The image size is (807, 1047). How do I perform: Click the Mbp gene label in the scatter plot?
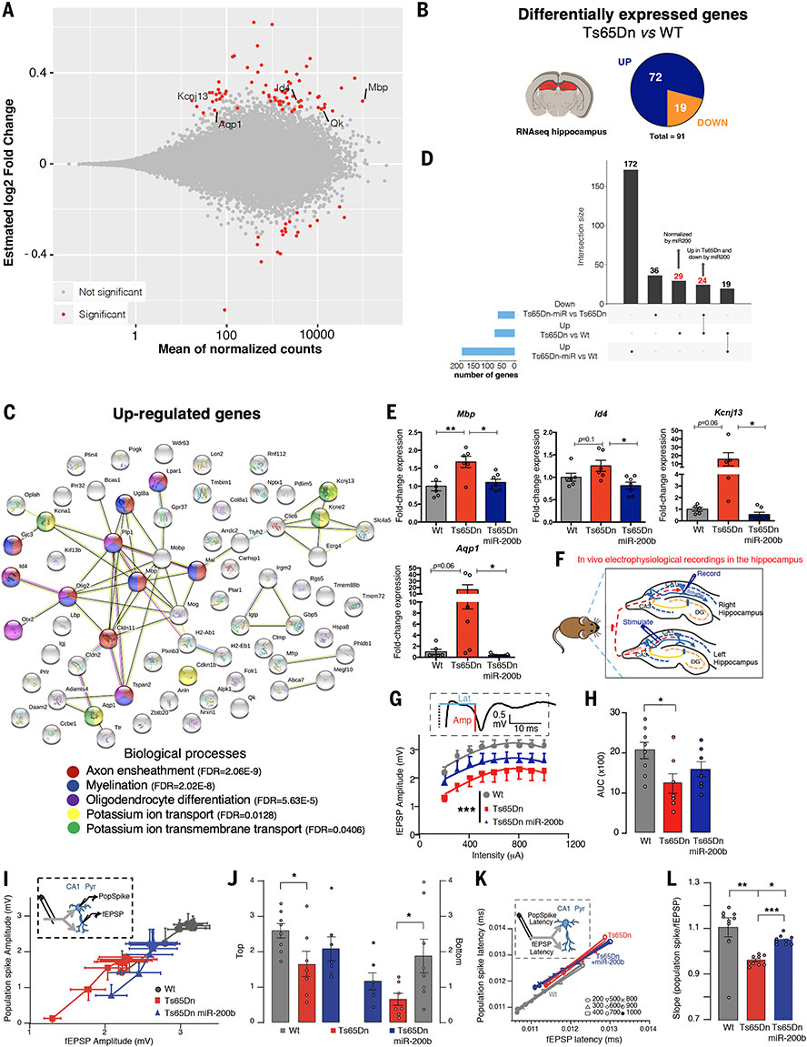pyautogui.click(x=376, y=89)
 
